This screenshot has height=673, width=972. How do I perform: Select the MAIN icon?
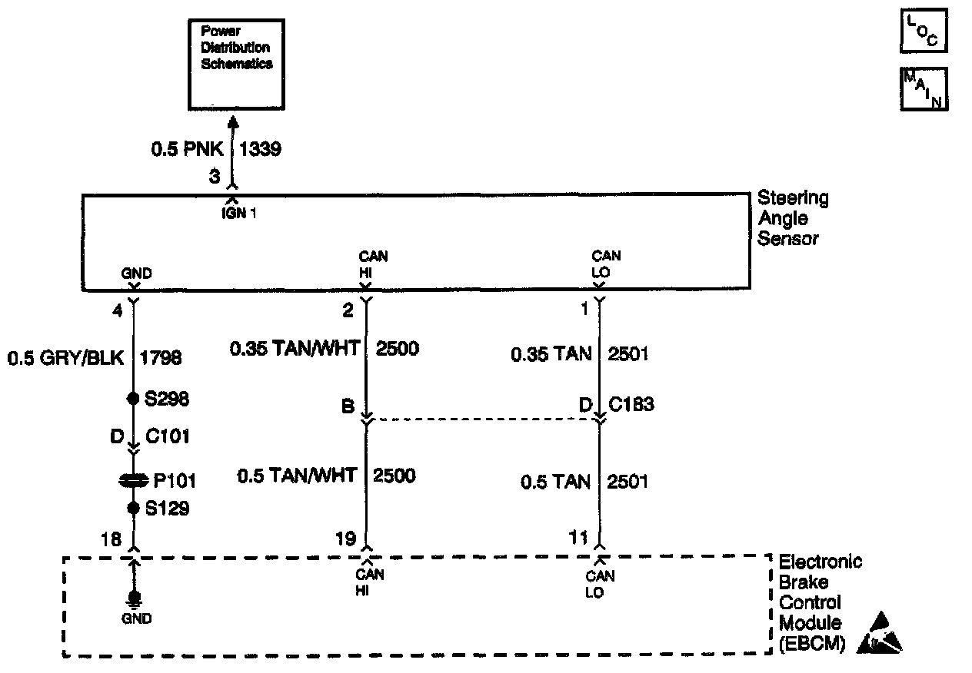(923, 89)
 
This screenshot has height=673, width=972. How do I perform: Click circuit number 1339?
(261, 149)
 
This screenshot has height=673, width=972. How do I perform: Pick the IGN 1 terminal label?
(236, 214)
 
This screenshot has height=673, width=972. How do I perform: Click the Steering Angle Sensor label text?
(793, 218)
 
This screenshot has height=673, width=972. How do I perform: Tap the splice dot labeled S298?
(134, 399)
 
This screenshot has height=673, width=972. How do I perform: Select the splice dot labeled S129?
(134, 508)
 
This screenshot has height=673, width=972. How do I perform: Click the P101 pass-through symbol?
(134, 481)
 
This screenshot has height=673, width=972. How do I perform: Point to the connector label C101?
(168, 437)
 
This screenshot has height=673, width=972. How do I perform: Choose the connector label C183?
(631, 404)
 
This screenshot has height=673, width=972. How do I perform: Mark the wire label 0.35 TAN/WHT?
(295, 350)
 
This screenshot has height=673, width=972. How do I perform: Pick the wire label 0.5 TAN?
(555, 482)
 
